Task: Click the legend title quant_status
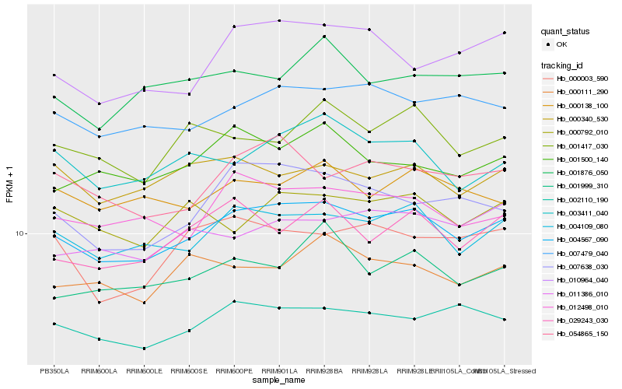pyautogui.click(x=566, y=32)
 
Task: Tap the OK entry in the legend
pyautogui.click(x=561, y=45)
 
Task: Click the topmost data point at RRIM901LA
pyautogui.click(x=279, y=21)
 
